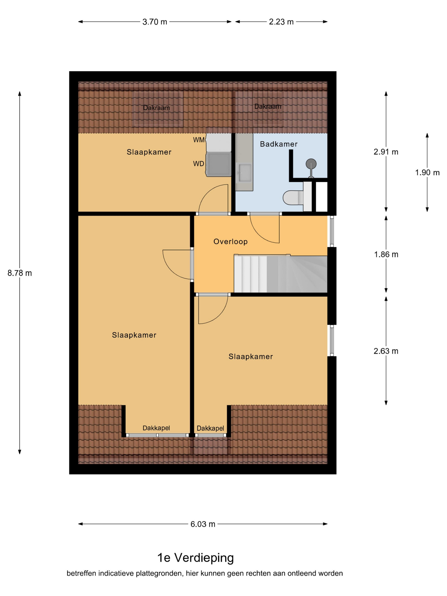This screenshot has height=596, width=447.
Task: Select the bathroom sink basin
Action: (244, 173)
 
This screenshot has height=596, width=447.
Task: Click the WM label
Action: (199, 140)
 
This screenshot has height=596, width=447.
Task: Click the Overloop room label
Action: (230, 241)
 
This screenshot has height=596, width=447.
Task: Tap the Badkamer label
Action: (279, 144)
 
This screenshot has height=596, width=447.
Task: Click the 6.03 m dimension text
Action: (203, 524)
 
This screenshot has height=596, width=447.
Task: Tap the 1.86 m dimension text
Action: (386, 254)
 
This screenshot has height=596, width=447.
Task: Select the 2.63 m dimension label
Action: (386, 351)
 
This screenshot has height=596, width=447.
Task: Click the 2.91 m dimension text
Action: (386, 152)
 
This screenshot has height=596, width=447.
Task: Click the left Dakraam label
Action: (156, 108)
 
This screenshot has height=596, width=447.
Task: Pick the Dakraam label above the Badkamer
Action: (268, 106)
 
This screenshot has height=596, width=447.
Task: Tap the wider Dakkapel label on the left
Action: (156, 428)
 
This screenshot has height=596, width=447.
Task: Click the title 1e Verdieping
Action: (196, 557)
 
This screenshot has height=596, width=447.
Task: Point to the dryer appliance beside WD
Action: (219, 164)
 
